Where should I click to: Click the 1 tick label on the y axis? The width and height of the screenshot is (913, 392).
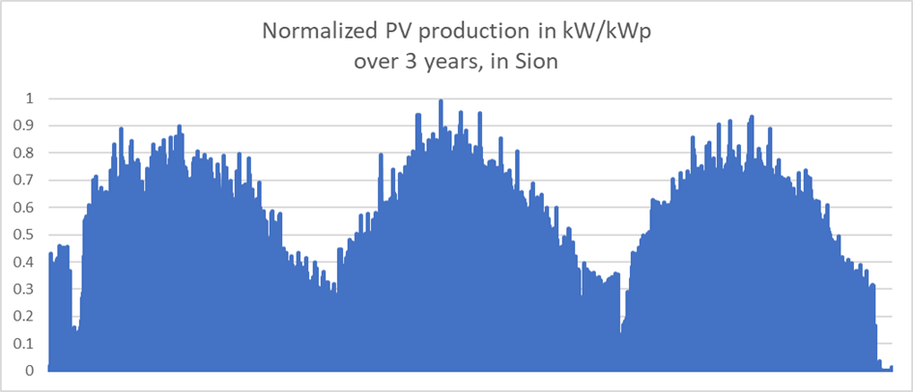pos(30,98)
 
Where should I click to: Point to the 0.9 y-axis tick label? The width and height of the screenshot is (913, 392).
pos(26,126)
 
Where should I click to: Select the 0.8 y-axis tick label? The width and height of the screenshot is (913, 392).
pos(26,153)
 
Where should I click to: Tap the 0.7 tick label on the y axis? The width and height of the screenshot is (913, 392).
pos(26,181)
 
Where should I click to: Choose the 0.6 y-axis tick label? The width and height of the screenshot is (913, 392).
pos(26,208)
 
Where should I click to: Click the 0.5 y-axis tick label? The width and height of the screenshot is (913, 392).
pos(26,235)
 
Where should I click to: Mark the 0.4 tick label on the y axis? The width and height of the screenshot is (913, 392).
pos(26,262)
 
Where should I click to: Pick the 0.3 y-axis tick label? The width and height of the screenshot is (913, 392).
pos(26,289)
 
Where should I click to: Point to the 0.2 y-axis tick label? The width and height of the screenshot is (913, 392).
pos(26,317)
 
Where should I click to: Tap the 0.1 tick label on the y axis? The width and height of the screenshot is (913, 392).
pos(26,344)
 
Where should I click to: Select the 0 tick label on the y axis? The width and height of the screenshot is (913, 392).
pos(30,371)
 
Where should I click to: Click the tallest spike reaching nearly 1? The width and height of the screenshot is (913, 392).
pos(441,101)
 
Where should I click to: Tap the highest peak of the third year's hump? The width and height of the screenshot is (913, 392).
pos(752,118)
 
